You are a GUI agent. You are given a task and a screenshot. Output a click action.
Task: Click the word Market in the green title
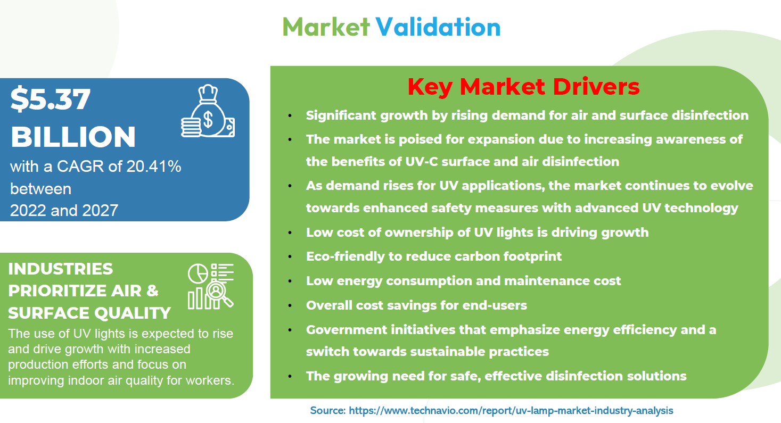point(326,27)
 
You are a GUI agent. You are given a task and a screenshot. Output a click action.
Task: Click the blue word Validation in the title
point(438,27)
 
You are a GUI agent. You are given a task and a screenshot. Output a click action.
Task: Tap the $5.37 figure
point(51,99)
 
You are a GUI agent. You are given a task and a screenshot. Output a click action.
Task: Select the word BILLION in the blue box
point(73,137)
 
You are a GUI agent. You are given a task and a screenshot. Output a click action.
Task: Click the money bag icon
point(208,111)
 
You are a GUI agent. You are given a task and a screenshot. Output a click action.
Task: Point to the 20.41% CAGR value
point(154,166)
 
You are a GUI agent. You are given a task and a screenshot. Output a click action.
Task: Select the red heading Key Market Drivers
point(523,87)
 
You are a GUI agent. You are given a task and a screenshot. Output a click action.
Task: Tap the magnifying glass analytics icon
point(211,286)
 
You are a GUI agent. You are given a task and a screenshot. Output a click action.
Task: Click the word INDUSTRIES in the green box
point(61,269)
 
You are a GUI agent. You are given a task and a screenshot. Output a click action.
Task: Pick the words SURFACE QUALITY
point(89,313)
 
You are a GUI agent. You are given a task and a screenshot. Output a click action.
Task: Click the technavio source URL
point(511,410)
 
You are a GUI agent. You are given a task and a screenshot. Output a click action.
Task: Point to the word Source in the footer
point(327,410)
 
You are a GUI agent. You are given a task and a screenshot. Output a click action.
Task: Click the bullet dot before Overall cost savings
point(290,305)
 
